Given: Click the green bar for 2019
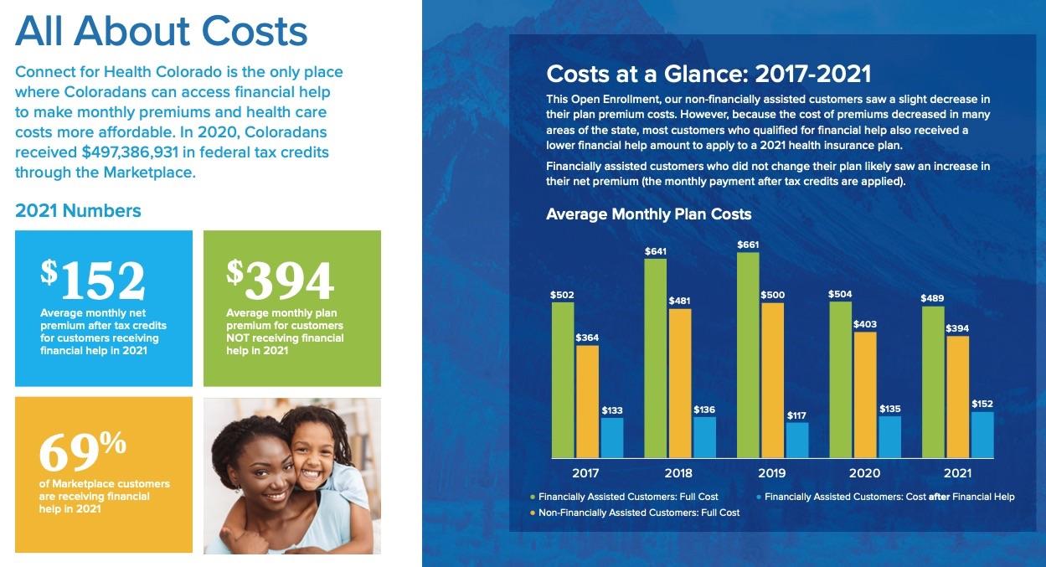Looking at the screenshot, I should point(748,355).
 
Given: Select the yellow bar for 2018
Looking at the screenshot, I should point(680,383).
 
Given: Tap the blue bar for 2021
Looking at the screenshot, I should point(982,435).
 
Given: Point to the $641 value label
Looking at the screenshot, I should point(656,251).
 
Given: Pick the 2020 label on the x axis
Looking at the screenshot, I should point(864,473).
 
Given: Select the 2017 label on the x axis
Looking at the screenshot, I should point(586,473).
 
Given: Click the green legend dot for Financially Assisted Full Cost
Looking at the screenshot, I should point(532,497).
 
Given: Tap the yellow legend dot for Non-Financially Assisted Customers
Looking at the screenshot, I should point(532,513).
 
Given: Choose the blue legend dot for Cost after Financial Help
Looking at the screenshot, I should point(758,497).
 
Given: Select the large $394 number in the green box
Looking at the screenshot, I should point(281,280).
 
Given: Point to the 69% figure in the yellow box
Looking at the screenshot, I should point(82,451).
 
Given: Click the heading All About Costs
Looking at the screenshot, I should point(162,32).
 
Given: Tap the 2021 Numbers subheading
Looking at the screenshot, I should point(78,211).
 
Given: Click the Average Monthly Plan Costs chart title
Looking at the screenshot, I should point(648,214).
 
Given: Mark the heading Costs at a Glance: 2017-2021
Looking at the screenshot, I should point(708,74).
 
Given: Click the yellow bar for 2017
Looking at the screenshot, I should point(588,402).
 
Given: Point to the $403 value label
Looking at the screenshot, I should point(864,323).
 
